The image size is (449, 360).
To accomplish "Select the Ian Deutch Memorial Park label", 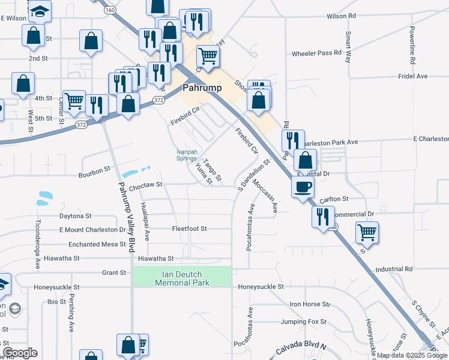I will (182, 278).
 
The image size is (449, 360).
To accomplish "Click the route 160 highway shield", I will (110, 10).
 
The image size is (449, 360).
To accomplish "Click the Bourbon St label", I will (94, 175).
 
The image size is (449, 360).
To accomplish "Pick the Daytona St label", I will (75, 215).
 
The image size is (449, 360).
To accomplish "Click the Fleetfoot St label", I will (189, 229).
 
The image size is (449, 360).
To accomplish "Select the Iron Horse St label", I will (310, 304).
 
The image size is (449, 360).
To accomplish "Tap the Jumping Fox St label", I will (306, 322).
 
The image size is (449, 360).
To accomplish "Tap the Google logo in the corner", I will (19, 353).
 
